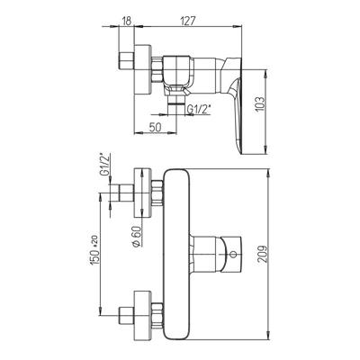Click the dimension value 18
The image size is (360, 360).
click(x=127, y=22)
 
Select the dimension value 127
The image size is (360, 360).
click(x=188, y=22)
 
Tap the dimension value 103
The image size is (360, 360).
click(x=261, y=104)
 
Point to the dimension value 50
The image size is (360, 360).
click(x=155, y=127)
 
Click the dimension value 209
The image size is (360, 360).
click(x=263, y=255)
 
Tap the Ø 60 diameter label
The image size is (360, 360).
click(x=136, y=236)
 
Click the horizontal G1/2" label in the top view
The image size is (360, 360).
click(x=199, y=109)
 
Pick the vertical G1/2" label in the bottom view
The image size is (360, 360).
click(x=105, y=166)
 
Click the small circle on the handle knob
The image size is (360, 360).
click(x=232, y=255)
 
